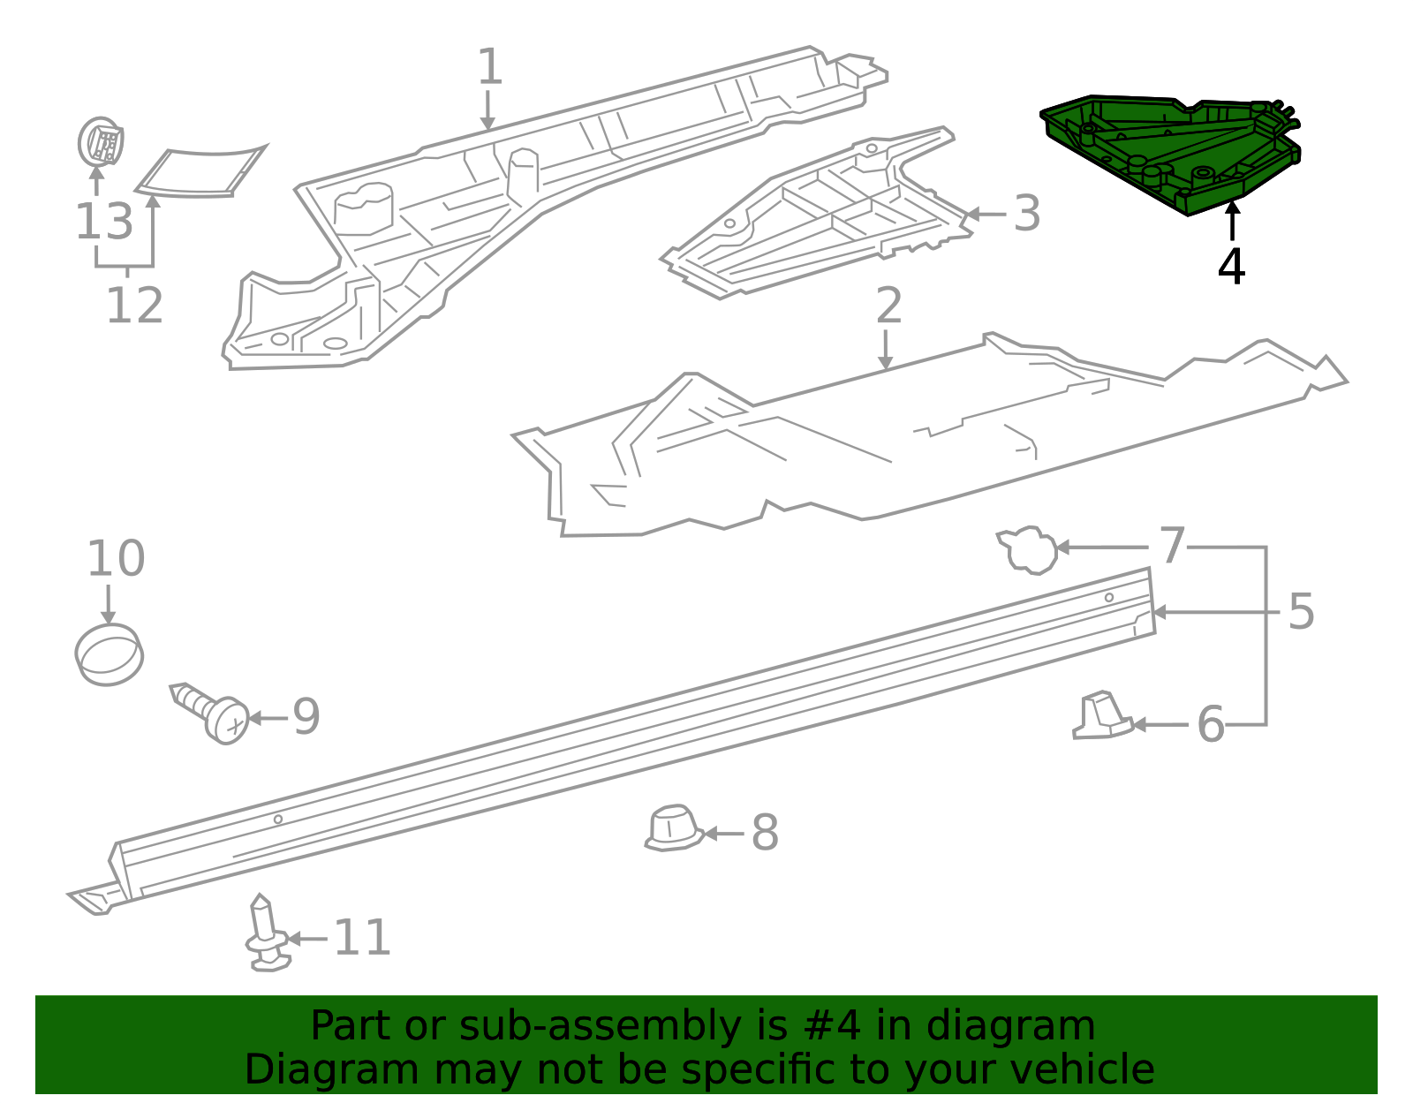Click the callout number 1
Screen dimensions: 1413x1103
pyautogui.click(x=489, y=66)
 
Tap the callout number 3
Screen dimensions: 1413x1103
pyautogui.click(x=1027, y=213)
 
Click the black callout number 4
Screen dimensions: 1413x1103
pyautogui.click(x=1231, y=267)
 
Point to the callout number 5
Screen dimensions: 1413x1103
pyautogui.click(x=1301, y=612)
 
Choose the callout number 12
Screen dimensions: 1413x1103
pyautogui.click(x=134, y=305)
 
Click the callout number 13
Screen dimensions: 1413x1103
pyautogui.click(x=104, y=222)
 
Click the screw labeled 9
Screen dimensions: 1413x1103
pyautogui.click(x=210, y=713)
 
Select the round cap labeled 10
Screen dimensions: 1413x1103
pyautogui.click(x=109, y=654)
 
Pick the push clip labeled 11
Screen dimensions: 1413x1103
pyautogui.click(x=267, y=933)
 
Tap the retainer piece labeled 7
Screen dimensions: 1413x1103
pyautogui.click(x=1027, y=550)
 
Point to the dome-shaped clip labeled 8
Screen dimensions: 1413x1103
pyautogui.click(x=674, y=827)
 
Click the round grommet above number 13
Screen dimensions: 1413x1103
pyautogui.click(x=100, y=141)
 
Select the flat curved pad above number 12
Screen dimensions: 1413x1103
pyautogui.click(x=200, y=171)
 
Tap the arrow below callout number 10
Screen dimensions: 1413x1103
pyautogui.click(x=109, y=605)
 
